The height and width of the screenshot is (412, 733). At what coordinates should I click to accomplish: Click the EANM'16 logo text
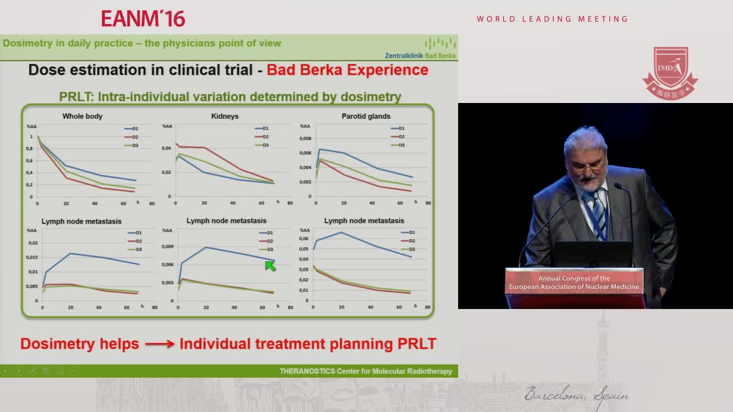[x=143, y=18]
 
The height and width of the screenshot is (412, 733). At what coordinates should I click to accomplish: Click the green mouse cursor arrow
[x=270, y=265]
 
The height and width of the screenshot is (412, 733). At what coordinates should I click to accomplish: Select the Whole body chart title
[x=82, y=116]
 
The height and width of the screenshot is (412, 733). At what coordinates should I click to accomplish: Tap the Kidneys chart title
[x=224, y=116]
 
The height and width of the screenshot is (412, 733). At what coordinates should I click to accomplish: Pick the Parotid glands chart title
[x=366, y=116]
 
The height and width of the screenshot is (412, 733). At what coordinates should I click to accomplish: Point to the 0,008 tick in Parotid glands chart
[x=305, y=138]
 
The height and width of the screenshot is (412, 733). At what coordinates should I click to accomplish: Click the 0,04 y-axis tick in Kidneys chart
[x=166, y=148]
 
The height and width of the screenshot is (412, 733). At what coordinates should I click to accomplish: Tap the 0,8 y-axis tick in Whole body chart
[x=30, y=149]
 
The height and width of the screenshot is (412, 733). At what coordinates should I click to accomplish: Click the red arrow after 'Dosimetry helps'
[x=159, y=344]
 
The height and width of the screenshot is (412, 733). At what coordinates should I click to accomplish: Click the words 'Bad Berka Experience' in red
[x=348, y=70]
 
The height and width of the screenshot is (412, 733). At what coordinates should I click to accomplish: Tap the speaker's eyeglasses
[x=586, y=164]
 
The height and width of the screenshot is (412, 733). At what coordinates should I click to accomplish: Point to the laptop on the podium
[x=593, y=255]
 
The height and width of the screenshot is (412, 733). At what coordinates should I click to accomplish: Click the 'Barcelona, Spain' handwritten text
[x=577, y=395]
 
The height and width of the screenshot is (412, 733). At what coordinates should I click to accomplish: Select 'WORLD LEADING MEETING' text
[x=553, y=19]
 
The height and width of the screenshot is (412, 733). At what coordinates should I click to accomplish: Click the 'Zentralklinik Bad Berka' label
[x=420, y=56]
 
